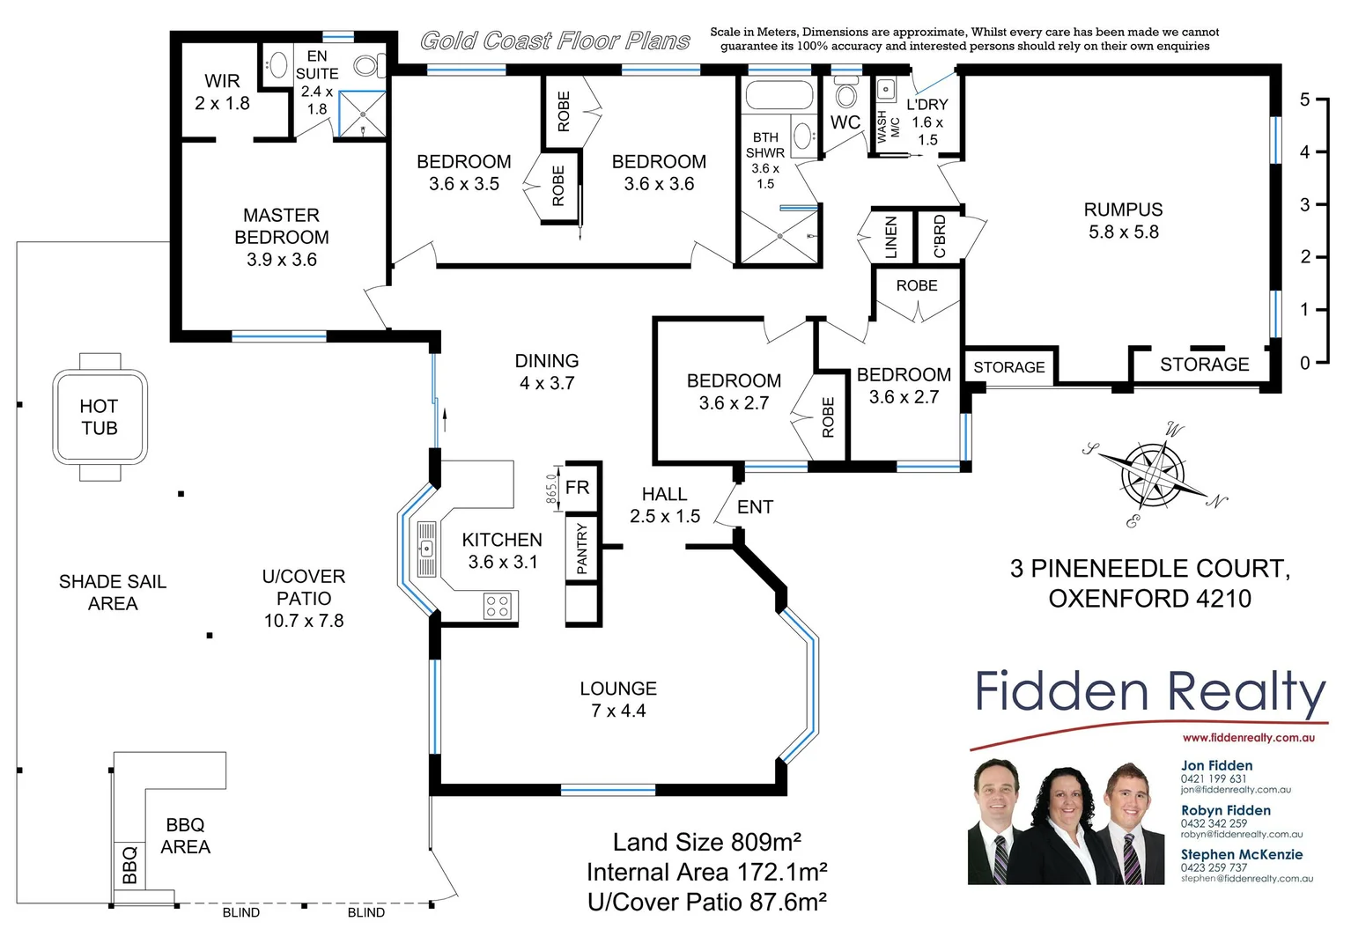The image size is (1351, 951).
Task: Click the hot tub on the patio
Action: point(100,417)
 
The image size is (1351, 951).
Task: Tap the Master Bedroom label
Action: point(281,237)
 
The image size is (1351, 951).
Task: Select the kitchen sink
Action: point(426,549)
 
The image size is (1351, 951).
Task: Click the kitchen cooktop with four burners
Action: point(498,606)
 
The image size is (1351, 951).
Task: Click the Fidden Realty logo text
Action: point(1149,691)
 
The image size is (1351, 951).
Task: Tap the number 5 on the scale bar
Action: point(1304,100)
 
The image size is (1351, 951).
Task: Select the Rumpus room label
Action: point(1123,220)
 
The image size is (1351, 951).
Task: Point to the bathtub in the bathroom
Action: point(779,95)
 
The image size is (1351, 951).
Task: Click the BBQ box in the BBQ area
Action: point(129,865)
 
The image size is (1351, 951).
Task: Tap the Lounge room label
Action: point(618,699)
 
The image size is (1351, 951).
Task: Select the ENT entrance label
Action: point(755,507)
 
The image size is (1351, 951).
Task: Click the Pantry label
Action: point(581,549)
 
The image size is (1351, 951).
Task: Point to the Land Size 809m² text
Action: point(706,843)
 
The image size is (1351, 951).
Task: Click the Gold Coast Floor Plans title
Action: point(555,41)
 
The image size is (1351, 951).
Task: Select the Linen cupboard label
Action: point(890,237)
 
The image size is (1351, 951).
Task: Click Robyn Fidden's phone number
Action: point(1214,823)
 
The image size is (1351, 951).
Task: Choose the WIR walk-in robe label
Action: point(222,92)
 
